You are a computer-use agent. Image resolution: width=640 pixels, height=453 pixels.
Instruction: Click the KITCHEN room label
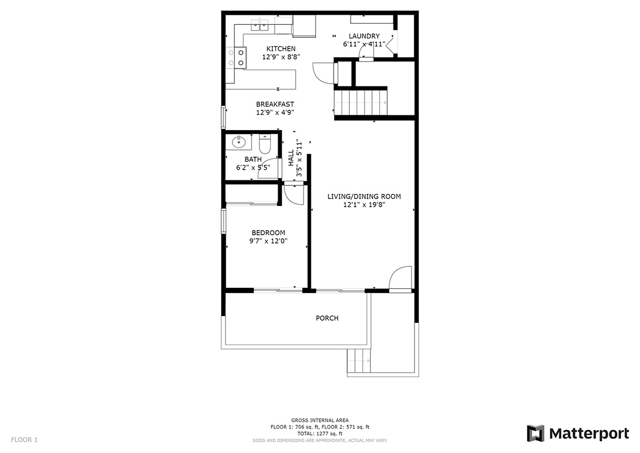coord(281,49)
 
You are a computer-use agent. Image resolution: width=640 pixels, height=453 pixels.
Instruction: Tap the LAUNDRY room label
coord(364,36)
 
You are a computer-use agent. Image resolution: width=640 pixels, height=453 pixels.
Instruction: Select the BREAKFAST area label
coord(275,104)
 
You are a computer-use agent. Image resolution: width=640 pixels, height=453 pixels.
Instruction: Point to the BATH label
coord(253,159)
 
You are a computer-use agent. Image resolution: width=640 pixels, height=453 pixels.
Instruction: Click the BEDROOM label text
coord(268,232)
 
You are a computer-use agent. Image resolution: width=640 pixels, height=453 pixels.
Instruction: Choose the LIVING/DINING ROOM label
coord(364,196)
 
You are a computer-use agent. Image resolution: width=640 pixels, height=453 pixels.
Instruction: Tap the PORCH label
coord(327,318)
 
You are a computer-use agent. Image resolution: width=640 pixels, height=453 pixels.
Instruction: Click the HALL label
coord(291,158)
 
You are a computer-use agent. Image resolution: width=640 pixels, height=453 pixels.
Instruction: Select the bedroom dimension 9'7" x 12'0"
coord(268,241)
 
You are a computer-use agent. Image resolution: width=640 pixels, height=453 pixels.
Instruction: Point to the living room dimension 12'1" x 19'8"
coord(364,205)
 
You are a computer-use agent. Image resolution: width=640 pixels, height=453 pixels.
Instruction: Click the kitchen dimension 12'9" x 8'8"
coord(281,57)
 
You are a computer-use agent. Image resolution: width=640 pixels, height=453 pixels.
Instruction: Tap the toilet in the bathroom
coord(265,144)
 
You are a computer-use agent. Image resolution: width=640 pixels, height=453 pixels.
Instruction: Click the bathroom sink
coord(239,142)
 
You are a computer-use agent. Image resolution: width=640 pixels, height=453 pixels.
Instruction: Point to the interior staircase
coord(360,103)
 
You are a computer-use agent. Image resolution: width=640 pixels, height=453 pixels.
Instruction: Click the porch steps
coord(359,361)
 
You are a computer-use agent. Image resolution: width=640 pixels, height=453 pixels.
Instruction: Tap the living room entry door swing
coord(400,279)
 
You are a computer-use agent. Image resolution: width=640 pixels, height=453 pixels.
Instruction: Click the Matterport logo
coord(578,433)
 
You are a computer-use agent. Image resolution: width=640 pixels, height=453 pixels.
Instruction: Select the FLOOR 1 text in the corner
coord(24,439)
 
